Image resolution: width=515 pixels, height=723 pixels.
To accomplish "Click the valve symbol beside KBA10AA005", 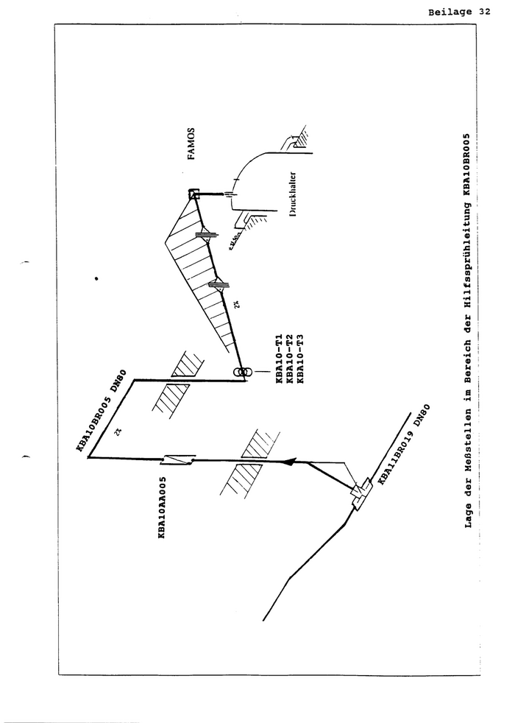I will tap(180, 459).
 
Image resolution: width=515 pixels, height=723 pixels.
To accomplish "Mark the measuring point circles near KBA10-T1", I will tap(242, 373).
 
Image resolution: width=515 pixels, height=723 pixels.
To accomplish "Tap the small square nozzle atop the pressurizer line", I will tap(194, 195).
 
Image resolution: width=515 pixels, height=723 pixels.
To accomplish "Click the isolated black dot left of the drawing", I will tap(96, 279).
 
